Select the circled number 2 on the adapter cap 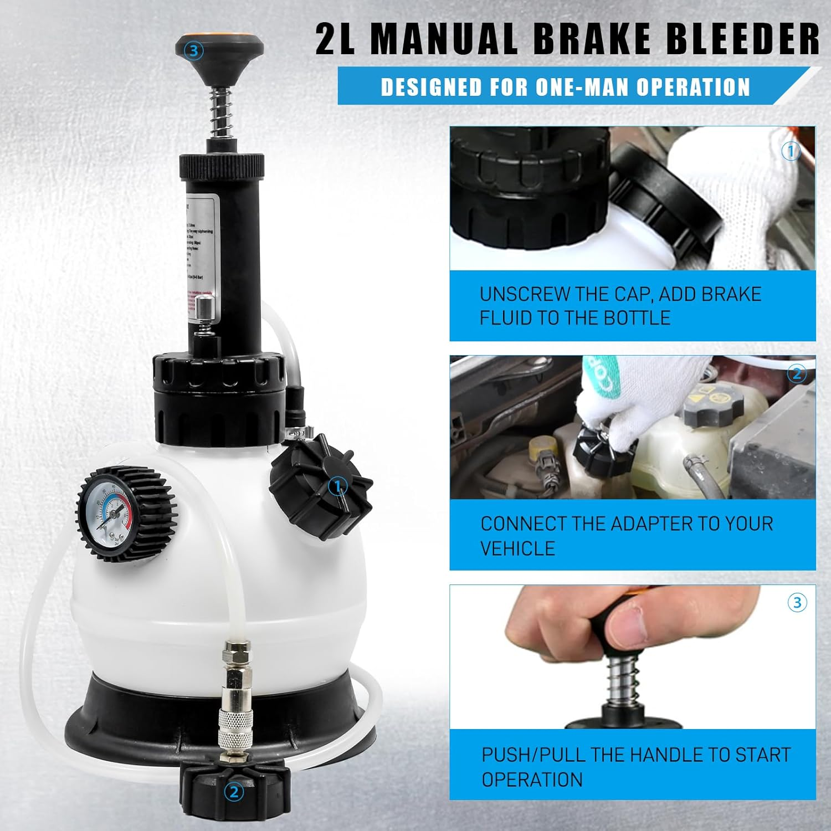click(x=233, y=792)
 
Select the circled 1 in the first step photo click(x=791, y=151)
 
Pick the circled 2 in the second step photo click(x=797, y=375)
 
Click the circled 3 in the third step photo click(x=797, y=603)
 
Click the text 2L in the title click(x=336, y=39)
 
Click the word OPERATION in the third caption click(x=532, y=779)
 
